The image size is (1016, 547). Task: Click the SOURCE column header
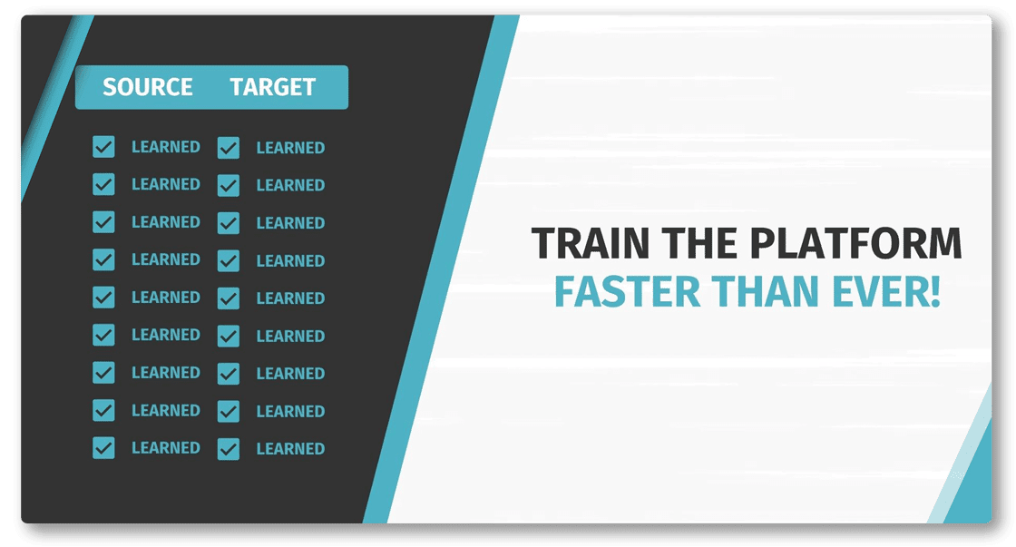(x=148, y=87)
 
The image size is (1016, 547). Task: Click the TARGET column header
(x=273, y=87)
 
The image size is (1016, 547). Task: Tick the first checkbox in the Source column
(x=103, y=147)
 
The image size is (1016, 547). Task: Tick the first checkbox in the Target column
(x=228, y=148)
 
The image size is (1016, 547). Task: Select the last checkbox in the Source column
(x=103, y=448)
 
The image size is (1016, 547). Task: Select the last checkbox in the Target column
(x=228, y=449)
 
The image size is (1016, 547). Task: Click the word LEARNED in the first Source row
(x=166, y=147)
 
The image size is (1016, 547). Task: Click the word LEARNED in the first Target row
(x=290, y=148)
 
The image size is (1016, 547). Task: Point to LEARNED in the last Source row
(x=166, y=448)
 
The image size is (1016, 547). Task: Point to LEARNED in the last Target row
(x=290, y=449)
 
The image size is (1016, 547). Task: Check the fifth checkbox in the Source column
(x=103, y=298)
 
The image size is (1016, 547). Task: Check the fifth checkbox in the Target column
(x=228, y=298)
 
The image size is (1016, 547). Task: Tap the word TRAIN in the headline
(x=591, y=243)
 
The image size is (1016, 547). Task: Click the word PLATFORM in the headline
(x=856, y=243)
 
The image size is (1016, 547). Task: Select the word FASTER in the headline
(x=627, y=292)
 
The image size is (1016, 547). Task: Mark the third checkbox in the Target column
(x=228, y=223)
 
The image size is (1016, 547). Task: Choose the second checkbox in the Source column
(x=103, y=185)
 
